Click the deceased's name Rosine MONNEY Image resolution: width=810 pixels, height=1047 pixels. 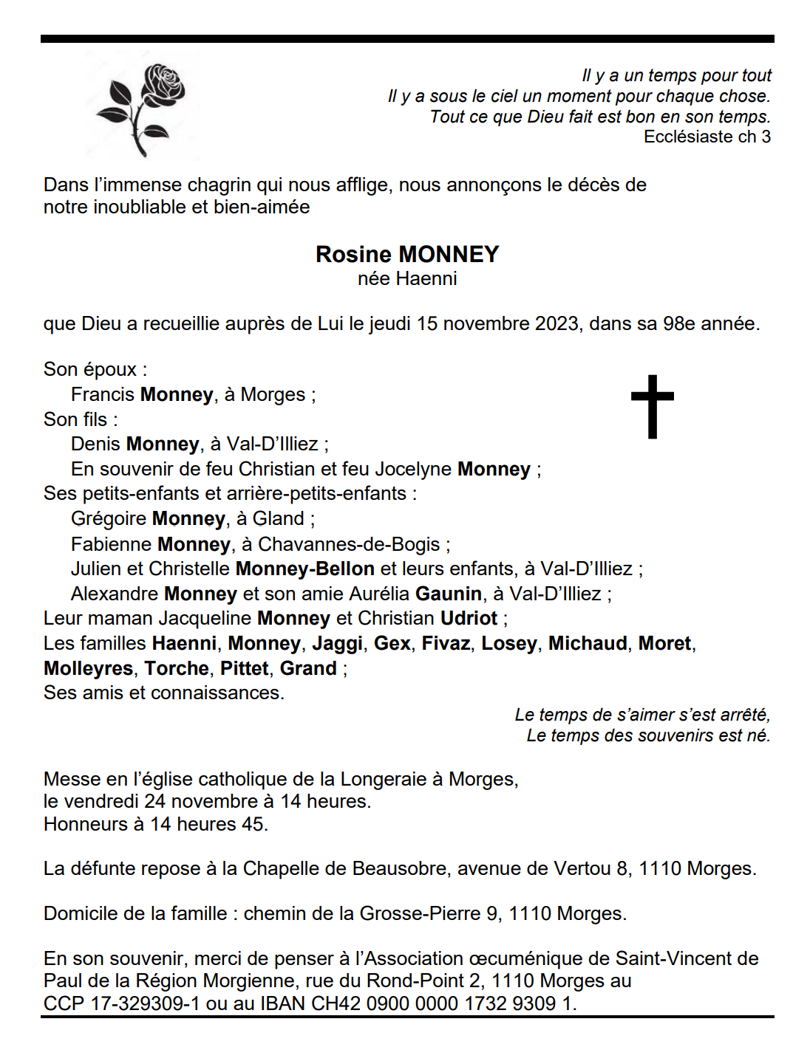406,254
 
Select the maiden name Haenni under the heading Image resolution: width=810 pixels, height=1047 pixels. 426,278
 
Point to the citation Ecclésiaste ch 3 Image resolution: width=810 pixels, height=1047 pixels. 707,137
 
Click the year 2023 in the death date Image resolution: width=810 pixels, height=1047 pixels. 557,323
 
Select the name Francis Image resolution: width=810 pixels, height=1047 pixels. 102,394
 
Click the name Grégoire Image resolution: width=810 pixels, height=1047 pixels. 108,518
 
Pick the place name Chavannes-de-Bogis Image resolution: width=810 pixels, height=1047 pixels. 349,544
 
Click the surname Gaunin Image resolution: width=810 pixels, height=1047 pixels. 449,594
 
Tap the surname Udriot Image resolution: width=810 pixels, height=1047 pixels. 469,618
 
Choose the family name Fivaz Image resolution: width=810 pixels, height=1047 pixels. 446,643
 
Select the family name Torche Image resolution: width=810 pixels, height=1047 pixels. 177,668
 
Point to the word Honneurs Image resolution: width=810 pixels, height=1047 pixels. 85,824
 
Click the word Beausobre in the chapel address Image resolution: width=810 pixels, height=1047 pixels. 399,868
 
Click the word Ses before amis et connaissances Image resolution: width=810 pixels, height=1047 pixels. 59,693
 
